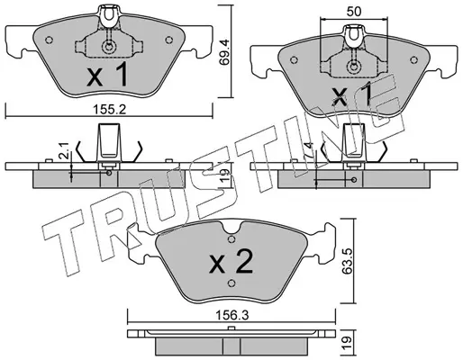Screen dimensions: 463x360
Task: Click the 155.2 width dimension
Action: tap(108, 110)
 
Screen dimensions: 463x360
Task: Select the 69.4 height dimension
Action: tap(224, 52)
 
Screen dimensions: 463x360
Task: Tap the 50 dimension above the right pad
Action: tap(354, 12)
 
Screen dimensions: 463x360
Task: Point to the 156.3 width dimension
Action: tap(231, 316)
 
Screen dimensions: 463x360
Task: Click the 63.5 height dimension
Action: tap(347, 261)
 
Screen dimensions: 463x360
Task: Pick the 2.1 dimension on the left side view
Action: tap(64, 150)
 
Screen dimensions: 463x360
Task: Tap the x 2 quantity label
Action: tap(231, 262)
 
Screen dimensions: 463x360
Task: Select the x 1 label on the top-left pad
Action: tap(107, 74)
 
